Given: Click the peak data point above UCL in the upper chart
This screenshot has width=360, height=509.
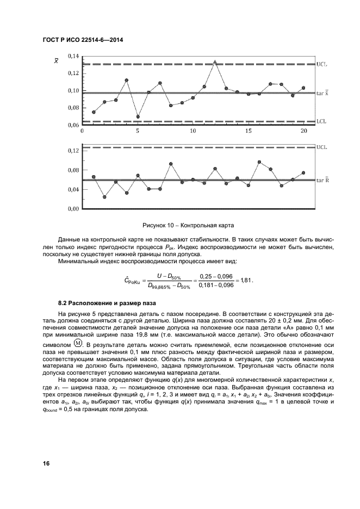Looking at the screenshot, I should click(215, 62).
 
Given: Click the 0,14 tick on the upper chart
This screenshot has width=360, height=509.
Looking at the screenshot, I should click(72, 56).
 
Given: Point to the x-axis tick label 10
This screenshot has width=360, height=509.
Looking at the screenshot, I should click(193, 132).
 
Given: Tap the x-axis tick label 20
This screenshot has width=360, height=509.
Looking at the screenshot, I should click(303, 132).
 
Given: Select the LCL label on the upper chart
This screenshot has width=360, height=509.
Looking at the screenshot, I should click(321, 122).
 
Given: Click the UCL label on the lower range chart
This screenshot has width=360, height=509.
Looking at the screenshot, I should click(321, 147).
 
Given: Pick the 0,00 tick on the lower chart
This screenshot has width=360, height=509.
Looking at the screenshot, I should click(72, 209).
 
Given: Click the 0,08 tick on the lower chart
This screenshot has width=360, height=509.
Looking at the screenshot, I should click(72, 170).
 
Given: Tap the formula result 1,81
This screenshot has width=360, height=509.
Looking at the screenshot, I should click(246, 281).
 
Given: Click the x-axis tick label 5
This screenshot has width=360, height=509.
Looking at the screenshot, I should click(138, 132).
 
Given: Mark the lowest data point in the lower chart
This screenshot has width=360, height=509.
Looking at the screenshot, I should click(104, 197).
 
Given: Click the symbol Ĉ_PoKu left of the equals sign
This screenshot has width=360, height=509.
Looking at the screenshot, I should click(133, 281).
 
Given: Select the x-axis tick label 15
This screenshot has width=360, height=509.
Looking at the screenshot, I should click(248, 132).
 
